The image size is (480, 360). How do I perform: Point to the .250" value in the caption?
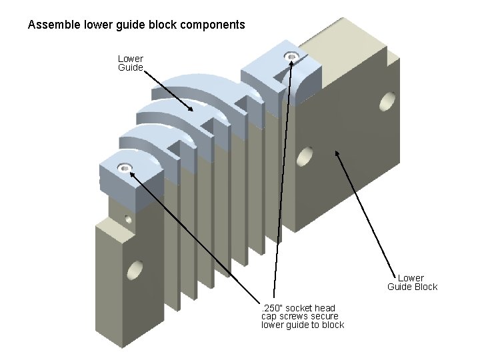[x=272, y=308]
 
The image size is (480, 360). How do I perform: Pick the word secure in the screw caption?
[x=325, y=316]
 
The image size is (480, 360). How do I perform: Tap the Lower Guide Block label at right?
[x=412, y=282]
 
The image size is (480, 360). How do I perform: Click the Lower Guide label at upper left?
[x=130, y=63]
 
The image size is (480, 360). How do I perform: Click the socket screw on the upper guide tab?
[x=291, y=57]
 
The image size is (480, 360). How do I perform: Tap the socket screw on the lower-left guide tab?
[x=124, y=167]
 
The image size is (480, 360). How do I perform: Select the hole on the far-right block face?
[x=387, y=102]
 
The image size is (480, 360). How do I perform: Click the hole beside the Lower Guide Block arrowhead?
[x=304, y=157]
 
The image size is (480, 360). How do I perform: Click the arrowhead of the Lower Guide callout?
[x=192, y=109]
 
